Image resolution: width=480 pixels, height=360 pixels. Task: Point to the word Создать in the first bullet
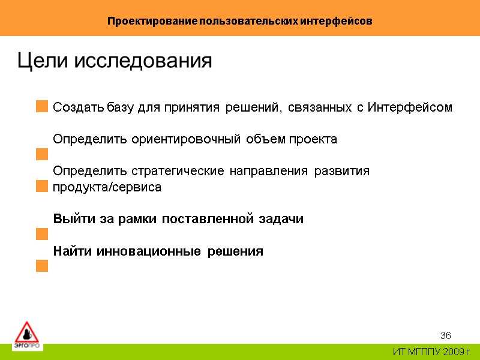pyautogui.click(x=79, y=108)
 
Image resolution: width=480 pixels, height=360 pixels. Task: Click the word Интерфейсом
pyautogui.click(x=409, y=108)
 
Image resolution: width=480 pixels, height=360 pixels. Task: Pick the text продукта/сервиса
pyautogui.click(x=107, y=187)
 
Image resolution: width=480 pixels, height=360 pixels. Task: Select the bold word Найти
pyautogui.click(x=68, y=251)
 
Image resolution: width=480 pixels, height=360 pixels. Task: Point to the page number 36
pyautogui.click(x=445, y=335)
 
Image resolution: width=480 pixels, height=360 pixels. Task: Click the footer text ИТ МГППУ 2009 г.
pyautogui.click(x=432, y=352)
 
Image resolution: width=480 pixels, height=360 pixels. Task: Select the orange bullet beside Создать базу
pyautogui.click(x=41, y=107)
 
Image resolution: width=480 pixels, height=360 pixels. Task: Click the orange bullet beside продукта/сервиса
pyautogui.click(x=41, y=187)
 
